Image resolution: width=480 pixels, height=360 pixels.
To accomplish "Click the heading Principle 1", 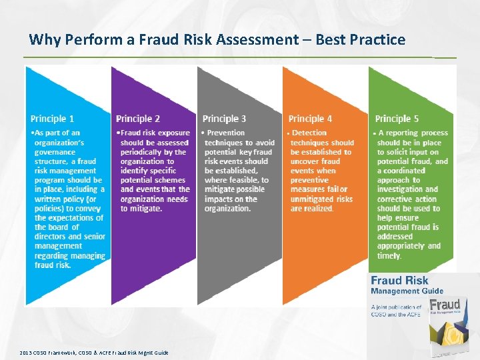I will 53,119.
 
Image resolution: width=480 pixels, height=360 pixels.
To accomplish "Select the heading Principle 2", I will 138,119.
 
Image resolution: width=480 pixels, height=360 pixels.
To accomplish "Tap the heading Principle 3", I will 224,119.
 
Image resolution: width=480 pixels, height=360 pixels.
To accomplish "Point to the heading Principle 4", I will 310,119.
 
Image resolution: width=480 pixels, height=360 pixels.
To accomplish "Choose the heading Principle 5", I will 397,119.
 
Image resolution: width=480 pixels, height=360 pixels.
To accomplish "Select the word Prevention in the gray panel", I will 229,133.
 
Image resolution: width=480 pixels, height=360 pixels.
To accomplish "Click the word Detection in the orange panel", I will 310,133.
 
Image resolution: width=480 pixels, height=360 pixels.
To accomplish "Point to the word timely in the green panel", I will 389,255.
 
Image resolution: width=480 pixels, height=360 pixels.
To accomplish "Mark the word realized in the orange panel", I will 319,209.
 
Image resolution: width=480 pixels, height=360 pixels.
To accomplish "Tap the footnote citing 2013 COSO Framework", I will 93,353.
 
